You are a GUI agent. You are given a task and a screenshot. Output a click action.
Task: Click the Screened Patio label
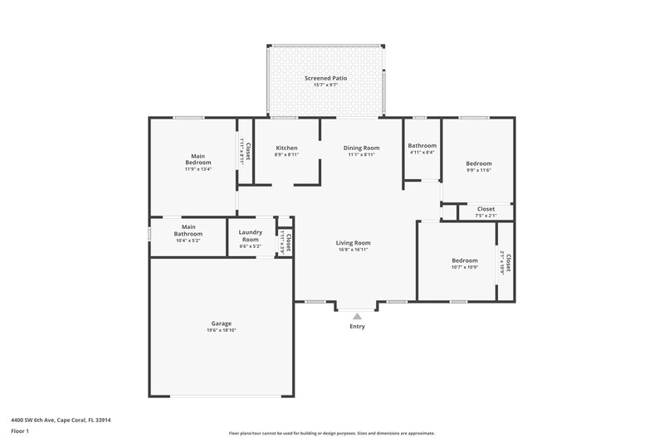tap(325, 78)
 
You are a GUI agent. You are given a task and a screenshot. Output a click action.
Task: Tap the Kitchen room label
tap(286, 147)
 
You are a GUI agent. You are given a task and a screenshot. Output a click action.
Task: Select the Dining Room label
tap(361, 147)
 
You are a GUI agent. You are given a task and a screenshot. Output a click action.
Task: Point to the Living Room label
tap(354, 242)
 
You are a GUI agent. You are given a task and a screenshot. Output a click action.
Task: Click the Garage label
tap(221, 323)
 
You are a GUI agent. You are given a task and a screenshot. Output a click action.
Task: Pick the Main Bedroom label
tap(198, 159)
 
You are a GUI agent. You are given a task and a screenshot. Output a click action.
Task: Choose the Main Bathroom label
tap(188, 230)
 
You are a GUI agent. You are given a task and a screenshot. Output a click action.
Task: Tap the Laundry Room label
tap(250, 236)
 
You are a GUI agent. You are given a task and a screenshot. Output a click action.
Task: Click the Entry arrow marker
tap(357, 315)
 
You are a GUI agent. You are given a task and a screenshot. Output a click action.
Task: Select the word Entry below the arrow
tap(357, 327)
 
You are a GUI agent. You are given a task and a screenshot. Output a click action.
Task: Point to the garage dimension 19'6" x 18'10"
tap(221, 331)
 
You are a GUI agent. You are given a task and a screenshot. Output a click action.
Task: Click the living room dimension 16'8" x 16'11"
tap(354, 250)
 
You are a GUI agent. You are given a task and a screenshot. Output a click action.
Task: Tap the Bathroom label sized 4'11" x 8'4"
tap(422, 145)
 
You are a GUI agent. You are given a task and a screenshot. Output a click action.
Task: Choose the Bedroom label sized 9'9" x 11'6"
tap(478, 163)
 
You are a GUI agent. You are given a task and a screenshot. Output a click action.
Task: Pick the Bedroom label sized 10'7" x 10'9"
tap(464, 260)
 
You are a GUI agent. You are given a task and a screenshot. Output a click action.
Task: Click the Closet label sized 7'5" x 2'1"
tap(486, 209)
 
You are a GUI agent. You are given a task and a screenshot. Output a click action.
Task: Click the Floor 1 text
tap(20, 432)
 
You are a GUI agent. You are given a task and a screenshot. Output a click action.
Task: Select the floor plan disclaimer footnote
tap(331, 433)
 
